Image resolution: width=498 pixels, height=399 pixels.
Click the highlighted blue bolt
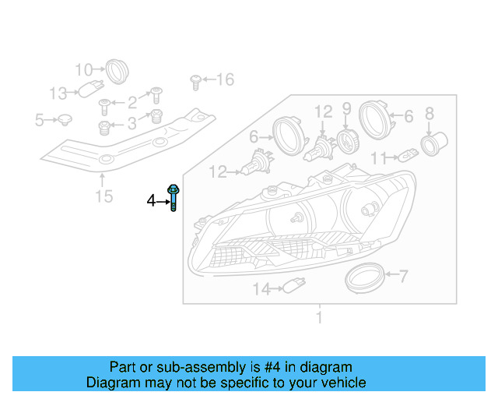[x=174, y=198]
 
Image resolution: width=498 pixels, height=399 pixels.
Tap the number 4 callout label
[x=152, y=201]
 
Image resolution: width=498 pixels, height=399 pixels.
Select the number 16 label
[x=224, y=79]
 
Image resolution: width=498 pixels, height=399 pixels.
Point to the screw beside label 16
[x=196, y=79]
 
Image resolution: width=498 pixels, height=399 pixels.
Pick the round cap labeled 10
[x=117, y=70]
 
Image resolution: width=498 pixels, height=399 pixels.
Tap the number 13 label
[x=58, y=94]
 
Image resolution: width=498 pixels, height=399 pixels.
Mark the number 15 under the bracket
[x=103, y=196]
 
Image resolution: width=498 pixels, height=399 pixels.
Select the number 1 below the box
[x=319, y=317]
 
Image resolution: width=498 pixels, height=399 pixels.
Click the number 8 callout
[x=429, y=115]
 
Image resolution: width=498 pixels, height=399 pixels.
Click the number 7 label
[x=403, y=274]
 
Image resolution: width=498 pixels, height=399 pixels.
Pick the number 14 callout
[x=261, y=289]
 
